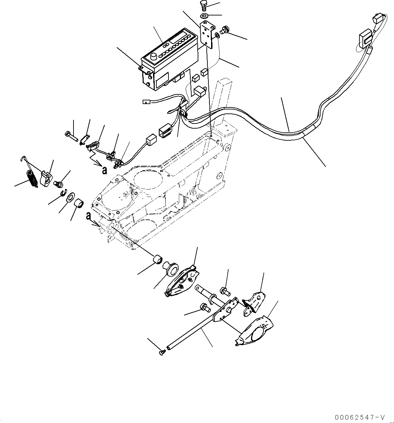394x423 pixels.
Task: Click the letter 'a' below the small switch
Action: tap(105, 170)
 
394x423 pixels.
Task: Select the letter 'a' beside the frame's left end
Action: tap(88, 216)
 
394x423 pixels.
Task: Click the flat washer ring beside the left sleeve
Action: tap(71, 198)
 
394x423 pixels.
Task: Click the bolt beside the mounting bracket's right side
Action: tap(226, 30)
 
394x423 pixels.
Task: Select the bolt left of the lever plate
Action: tap(204, 307)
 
